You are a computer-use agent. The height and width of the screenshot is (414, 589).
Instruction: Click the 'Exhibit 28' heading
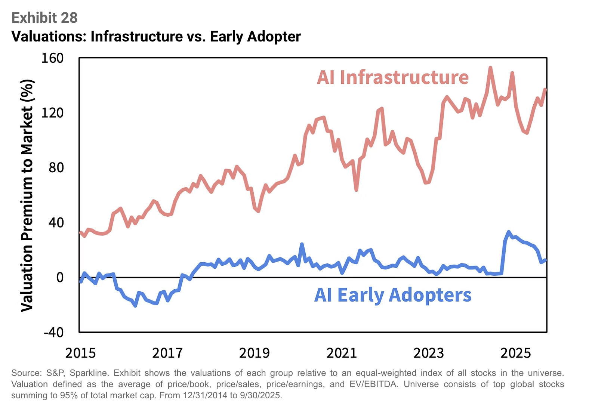coord(44,18)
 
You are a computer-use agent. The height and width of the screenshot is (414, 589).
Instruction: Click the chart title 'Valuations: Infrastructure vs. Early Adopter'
coord(156,37)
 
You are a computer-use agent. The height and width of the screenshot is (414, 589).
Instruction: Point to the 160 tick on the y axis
coord(52,58)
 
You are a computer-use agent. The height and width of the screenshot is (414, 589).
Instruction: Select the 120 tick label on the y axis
coord(52,112)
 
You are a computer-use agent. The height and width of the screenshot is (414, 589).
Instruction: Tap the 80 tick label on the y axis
coord(56,167)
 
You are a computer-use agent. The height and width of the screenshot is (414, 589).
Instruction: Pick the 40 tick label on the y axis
coord(56,222)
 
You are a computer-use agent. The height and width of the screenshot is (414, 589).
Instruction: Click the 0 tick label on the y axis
coord(60,277)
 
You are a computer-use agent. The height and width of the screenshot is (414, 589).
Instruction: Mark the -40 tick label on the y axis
coord(53,332)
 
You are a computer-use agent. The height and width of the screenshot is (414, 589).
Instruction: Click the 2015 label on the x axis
coord(80,353)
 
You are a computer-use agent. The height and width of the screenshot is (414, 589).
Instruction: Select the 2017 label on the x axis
coord(167,353)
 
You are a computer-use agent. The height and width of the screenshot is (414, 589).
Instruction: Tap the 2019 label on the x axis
coord(255,353)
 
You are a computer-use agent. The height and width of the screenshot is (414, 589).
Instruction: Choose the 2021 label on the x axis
coord(342,353)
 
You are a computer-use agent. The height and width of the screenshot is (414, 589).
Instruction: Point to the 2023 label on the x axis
coord(429,353)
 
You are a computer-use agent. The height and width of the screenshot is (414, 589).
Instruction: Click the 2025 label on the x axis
coord(516,353)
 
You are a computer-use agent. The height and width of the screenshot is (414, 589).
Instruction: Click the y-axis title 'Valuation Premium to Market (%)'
coord(27,195)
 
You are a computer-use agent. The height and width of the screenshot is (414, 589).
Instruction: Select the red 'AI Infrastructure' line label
coord(392,77)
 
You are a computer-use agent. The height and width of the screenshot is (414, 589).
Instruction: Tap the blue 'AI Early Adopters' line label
coord(392,295)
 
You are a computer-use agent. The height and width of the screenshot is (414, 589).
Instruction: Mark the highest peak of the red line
coord(490,68)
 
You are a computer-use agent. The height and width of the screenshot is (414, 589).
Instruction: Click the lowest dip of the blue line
coord(135,306)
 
